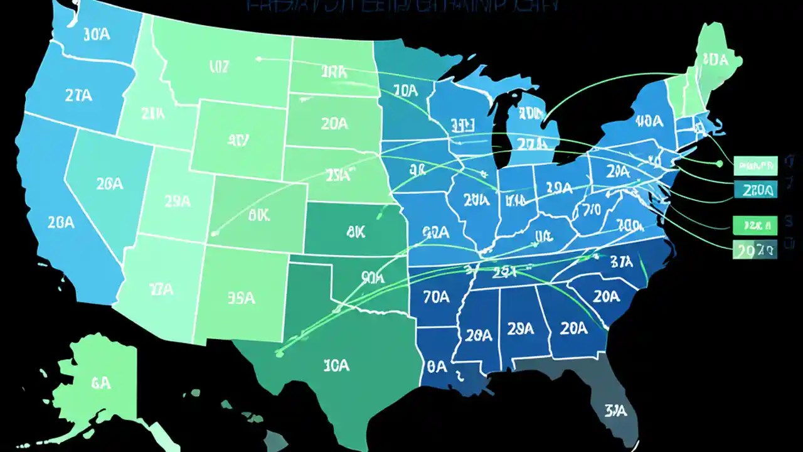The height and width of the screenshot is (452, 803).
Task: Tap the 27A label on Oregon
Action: click(79, 95)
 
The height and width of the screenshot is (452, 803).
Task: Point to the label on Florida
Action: click(616, 411)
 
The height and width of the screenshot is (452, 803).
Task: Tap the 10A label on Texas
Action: click(336, 365)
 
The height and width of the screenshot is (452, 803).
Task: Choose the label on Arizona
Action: click(161, 289)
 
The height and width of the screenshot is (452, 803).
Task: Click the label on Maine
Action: click(715, 59)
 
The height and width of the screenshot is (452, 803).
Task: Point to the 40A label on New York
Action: click(648, 120)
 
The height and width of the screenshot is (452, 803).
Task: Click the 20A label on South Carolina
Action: click(606, 296)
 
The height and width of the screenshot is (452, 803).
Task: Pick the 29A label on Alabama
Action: click(521, 328)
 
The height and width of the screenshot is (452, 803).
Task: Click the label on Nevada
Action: click(109, 184)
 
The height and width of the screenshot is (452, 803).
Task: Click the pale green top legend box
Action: click(755, 166)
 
